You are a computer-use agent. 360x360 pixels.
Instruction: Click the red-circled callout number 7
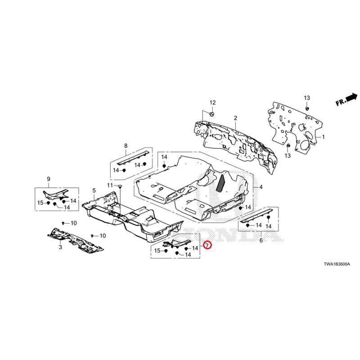pyautogui.click(x=207, y=246)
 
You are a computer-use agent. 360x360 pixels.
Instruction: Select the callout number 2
pyautogui.click(x=235, y=118)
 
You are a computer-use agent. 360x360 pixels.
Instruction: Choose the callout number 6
pyautogui.click(x=261, y=241)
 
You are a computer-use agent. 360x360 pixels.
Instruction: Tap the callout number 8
pyautogui.click(x=126, y=145)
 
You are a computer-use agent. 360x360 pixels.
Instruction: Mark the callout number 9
pyautogui.click(x=48, y=180)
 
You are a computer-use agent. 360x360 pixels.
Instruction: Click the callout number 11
pyautogui.click(x=109, y=186)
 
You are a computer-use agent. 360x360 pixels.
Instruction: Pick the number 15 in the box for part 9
pyautogui.click(x=40, y=203)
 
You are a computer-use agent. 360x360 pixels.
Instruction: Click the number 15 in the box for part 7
pyautogui.click(x=157, y=251)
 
